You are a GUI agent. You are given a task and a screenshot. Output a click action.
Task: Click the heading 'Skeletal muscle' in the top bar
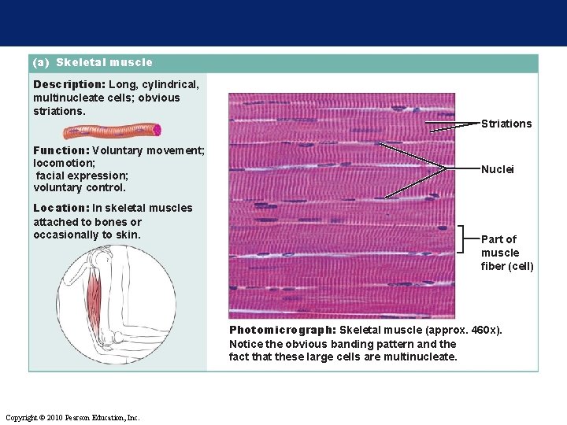click(104, 62)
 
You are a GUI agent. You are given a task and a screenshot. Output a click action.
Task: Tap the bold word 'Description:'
click(69, 83)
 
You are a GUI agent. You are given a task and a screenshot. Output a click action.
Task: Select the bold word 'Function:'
click(61, 150)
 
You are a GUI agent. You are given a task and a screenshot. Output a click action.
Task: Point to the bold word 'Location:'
click(61, 208)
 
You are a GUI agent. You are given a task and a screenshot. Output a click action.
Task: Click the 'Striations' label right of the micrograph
click(506, 124)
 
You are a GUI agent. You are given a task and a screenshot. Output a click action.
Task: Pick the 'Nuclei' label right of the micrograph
click(497, 169)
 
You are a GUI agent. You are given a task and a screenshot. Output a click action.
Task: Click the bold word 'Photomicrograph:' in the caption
click(282, 330)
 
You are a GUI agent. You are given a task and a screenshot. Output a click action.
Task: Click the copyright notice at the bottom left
click(72, 416)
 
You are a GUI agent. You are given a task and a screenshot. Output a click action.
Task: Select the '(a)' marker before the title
click(42, 62)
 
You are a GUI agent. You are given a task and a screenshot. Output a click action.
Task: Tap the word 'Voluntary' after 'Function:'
click(120, 150)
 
